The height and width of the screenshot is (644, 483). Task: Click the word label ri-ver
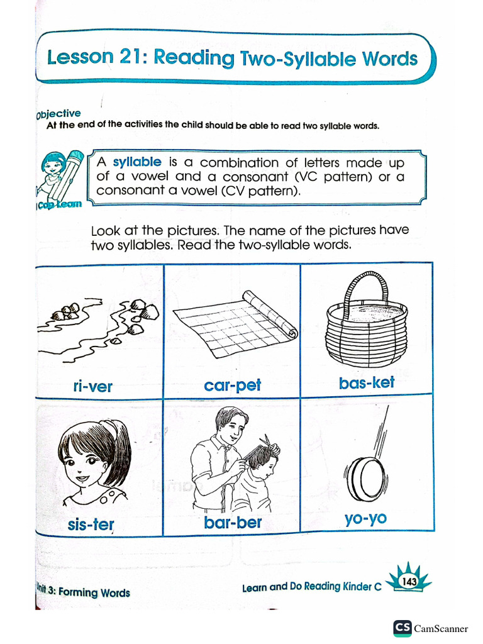[92, 386]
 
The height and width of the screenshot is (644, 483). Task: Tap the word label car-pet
[232, 385]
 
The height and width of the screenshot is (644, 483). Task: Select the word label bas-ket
[367, 382]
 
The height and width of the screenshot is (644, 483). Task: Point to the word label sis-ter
[91, 524]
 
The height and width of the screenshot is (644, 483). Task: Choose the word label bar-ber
[233, 523]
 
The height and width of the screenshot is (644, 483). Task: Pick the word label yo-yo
[365, 519]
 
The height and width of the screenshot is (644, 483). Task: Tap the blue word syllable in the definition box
[137, 162]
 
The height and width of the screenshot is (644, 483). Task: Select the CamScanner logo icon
[402, 628]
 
